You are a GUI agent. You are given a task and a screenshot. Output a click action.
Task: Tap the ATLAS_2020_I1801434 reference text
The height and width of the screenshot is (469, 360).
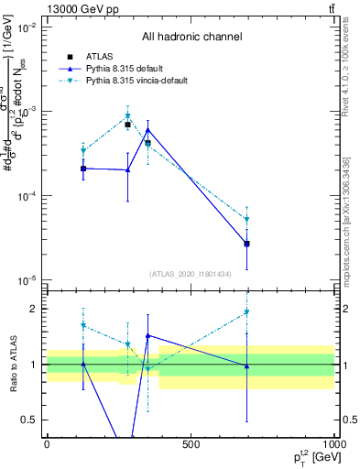pyautogui.click(x=191, y=274)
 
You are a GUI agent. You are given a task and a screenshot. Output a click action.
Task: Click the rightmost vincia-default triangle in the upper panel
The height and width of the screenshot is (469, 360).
pyautogui.click(x=247, y=220)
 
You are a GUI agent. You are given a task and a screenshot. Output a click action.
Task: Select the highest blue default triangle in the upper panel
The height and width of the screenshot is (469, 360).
pyautogui.click(x=147, y=130)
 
